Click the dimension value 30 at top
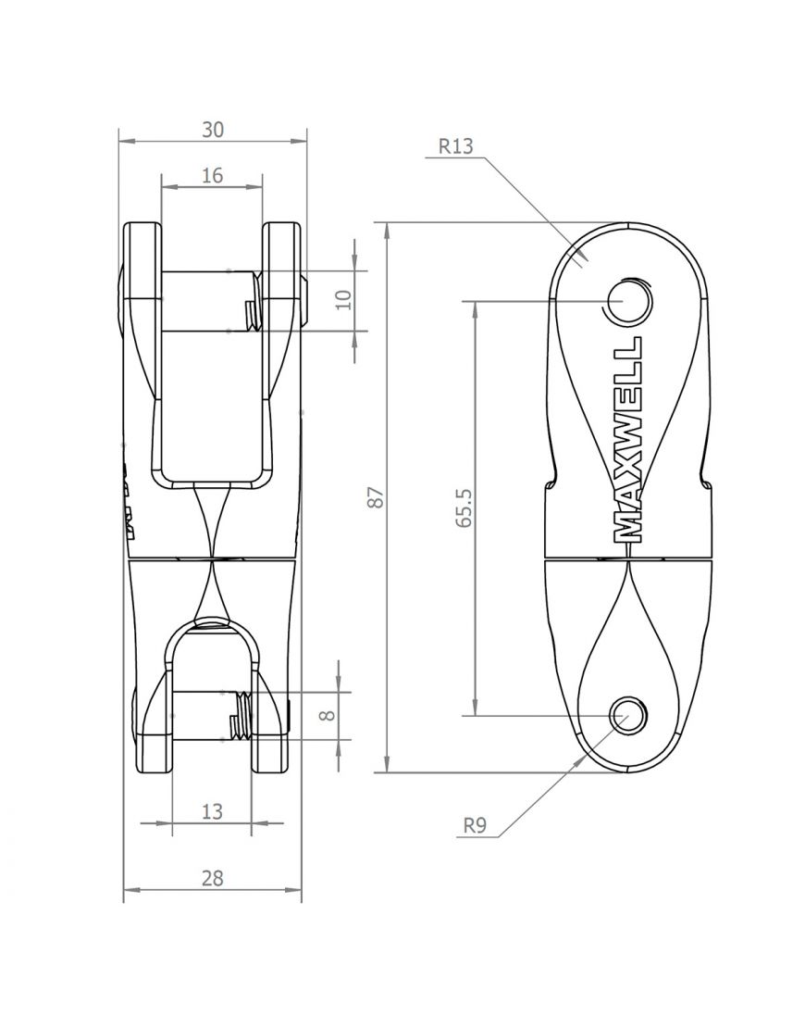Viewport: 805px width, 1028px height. pos(213,131)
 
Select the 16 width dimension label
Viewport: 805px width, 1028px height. pos(212,175)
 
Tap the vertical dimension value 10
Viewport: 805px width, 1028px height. pos(343,300)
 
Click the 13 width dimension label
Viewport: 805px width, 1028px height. pos(212,811)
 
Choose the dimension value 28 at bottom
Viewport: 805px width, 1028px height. pos(212,879)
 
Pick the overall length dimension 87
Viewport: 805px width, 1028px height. pos(375,497)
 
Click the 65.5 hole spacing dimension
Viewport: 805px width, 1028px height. pos(464,508)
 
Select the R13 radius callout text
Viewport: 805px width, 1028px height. pos(455,145)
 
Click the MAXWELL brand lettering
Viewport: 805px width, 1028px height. pos(629,439)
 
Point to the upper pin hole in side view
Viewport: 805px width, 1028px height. pos(625,300)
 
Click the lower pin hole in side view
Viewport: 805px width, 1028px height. pos(626,715)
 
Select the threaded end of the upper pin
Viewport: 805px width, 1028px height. pos(251,315)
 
